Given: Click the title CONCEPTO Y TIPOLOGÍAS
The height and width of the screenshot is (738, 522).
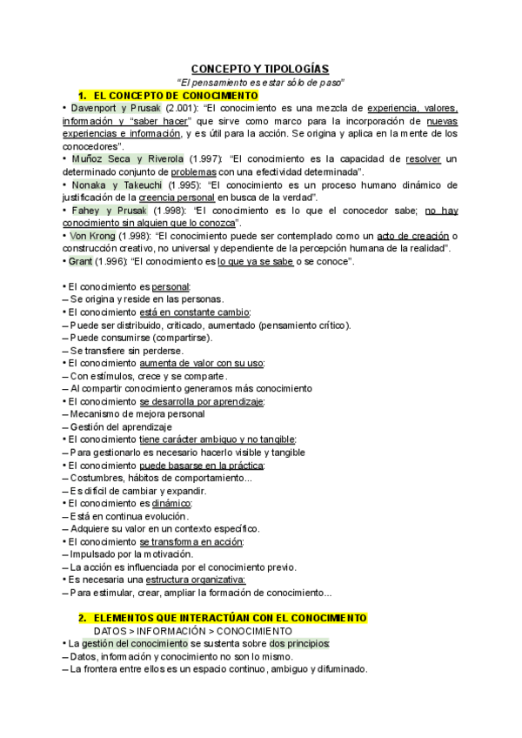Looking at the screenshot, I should pyautogui.click(x=261, y=68).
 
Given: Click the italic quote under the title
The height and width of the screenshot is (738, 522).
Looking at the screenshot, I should pyautogui.click(x=261, y=82).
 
